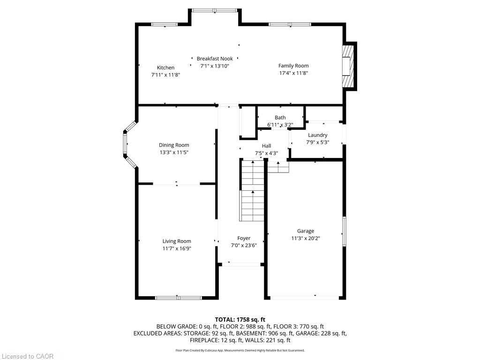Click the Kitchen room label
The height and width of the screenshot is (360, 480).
[165, 67]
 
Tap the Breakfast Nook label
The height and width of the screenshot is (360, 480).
[215, 59]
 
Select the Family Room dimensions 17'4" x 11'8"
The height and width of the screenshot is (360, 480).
[293, 73]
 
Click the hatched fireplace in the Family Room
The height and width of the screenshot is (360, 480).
[347, 65]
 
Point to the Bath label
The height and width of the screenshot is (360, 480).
[280, 118]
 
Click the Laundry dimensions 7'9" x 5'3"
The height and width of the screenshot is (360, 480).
[318, 142]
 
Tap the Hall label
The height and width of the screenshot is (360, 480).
[266, 146]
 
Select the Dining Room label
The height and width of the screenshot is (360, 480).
[174, 145]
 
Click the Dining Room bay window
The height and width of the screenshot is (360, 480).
[125, 144]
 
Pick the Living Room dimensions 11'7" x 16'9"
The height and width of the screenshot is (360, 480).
[177, 248]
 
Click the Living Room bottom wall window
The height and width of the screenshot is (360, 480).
[179, 297]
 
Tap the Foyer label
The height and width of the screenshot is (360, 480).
[244, 238]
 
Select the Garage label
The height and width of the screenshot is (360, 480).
[306, 231]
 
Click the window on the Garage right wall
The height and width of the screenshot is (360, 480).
[344, 231]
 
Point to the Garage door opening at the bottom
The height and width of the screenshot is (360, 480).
[306, 297]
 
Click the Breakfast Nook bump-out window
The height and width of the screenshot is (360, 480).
[215, 10]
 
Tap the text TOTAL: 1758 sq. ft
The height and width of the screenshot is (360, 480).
[243, 320]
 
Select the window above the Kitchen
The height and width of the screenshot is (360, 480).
[164, 24]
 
